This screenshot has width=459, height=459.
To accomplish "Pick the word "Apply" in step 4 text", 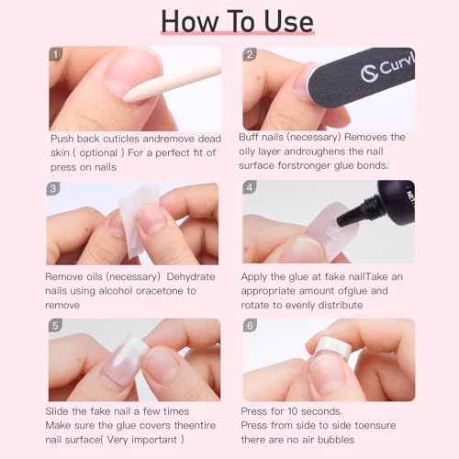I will pos(256,274).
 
